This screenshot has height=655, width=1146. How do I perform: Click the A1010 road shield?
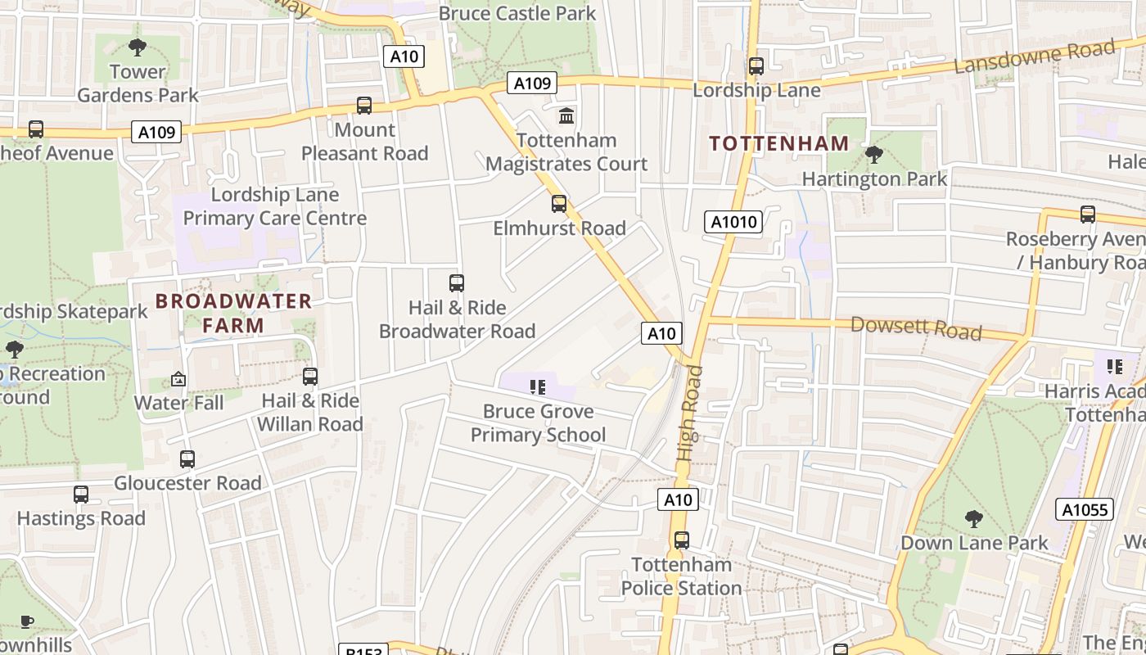point(733,222)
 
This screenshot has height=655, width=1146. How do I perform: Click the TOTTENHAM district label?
point(778,143)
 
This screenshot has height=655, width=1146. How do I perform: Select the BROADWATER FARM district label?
point(233,313)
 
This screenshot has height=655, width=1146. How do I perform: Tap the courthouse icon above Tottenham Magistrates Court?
point(566,115)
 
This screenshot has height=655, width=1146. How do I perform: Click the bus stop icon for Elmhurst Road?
point(558,203)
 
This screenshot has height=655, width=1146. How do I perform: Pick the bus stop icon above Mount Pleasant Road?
point(364,106)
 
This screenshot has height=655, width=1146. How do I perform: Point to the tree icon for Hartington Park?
point(873,154)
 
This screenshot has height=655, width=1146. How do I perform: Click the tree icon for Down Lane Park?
point(973,518)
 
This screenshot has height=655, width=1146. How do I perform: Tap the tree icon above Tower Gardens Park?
point(137,47)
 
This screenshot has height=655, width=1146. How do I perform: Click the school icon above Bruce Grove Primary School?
point(538,386)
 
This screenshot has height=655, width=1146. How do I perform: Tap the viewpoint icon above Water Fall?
point(178,379)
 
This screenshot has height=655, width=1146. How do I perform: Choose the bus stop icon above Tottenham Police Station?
point(681,540)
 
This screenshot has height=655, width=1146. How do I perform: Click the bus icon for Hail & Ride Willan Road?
point(309,377)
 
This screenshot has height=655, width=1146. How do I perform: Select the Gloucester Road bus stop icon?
point(187,459)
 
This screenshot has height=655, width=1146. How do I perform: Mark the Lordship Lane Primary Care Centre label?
point(274,206)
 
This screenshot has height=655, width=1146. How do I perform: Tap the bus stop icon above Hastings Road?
point(80,495)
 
